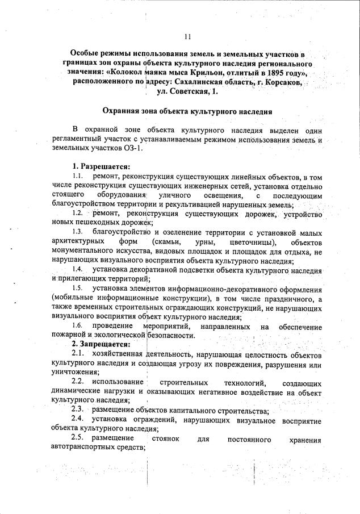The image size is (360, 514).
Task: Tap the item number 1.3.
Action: click(78, 233)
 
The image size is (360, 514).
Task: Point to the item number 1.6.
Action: click(78, 327)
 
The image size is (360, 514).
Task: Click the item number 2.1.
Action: click(78, 353)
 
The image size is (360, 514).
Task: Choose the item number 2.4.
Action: click(78, 420)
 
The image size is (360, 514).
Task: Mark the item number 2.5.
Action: click(78, 438)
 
